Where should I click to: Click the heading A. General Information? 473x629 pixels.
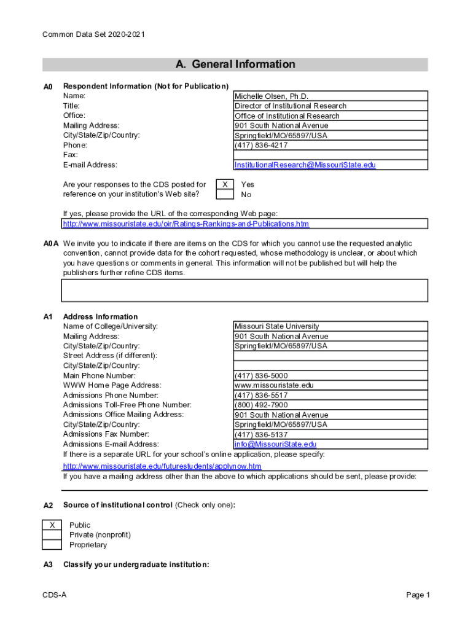pyautogui.click(x=235, y=64)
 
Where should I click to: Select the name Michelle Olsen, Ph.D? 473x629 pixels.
pyautogui.click(x=271, y=96)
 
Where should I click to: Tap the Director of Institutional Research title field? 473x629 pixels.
pyautogui.click(x=290, y=106)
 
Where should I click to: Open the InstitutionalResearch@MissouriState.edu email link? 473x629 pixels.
pyautogui.click(x=305, y=165)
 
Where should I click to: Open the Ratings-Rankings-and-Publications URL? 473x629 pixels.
pyautogui.click(x=186, y=224)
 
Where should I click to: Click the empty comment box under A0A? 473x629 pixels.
pyautogui.click(x=244, y=290)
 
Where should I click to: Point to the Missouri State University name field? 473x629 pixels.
pyautogui.click(x=276, y=327)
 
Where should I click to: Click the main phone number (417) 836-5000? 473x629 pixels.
pyautogui.click(x=260, y=376)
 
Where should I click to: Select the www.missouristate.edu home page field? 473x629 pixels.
pyautogui.click(x=274, y=386)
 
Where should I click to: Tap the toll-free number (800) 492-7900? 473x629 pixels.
pyautogui.click(x=260, y=405)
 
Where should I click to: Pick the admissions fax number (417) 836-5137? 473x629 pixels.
pyautogui.click(x=260, y=435)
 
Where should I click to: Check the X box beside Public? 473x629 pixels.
pyautogui.click(x=52, y=525)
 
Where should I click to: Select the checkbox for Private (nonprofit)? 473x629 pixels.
pyautogui.click(x=52, y=535)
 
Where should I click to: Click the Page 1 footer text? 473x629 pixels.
pyautogui.click(x=418, y=595)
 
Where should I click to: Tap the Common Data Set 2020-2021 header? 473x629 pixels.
pyautogui.click(x=93, y=35)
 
